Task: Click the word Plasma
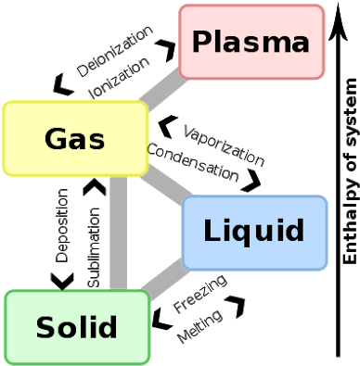pyautogui.click(x=251, y=42)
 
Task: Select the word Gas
pyautogui.click(x=74, y=139)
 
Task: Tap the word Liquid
pyautogui.click(x=254, y=231)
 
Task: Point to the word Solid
pyautogui.click(x=77, y=327)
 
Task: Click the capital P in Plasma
pyautogui.click(x=201, y=42)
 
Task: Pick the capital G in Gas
pyautogui.click(x=56, y=139)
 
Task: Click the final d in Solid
pyautogui.click(x=109, y=326)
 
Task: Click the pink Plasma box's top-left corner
pyautogui.click(x=181, y=6)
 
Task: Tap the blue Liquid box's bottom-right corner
pyautogui.click(x=326, y=268)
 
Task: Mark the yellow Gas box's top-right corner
pyautogui.click(x=147, y=103)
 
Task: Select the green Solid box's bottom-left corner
pyautogui.click(x=6, y=362)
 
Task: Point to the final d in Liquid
pyautogui.click(x=296, y=231)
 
